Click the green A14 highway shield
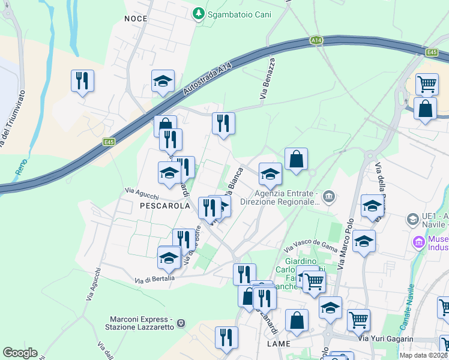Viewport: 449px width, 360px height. tap(316, 40)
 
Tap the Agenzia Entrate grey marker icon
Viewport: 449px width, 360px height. tap(328, 196)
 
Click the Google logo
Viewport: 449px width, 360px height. tap(20, 353)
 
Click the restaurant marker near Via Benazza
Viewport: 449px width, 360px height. tap(223, 124)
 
